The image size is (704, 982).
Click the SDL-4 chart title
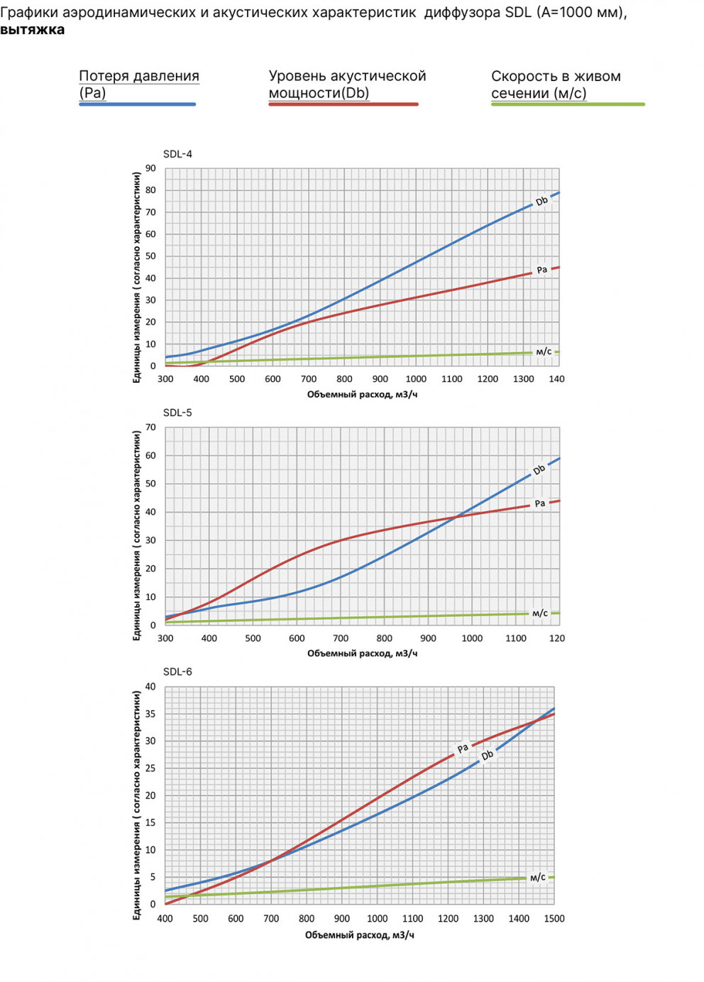pos(177,154)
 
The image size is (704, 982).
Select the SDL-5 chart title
pos(177,413)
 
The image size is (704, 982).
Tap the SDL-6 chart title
pos(177,672)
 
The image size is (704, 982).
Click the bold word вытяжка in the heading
pos(32,30)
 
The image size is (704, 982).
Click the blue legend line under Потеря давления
pos(137,104)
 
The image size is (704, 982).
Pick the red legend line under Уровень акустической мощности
pos(343,104)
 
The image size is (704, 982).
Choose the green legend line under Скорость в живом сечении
pos(568,104)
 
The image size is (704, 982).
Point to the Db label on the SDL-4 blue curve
pos(541,202)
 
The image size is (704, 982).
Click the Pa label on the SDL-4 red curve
pos(541,270)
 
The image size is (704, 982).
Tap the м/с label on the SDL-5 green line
pos(540,613)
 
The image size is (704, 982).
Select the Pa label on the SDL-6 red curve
pos(463,748)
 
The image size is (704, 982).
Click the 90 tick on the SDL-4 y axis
pos(150,168)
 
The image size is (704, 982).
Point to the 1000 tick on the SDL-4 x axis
pos(416,379)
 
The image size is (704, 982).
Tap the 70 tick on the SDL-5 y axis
pos(150,427)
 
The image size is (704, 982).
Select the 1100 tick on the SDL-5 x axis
pos(516,638)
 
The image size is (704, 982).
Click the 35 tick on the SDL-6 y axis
pos(150,714)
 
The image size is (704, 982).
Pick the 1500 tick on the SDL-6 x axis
pos(554,919)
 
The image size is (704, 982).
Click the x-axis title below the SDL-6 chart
pos(360,935)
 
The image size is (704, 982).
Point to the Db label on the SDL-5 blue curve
pos(539,470)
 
